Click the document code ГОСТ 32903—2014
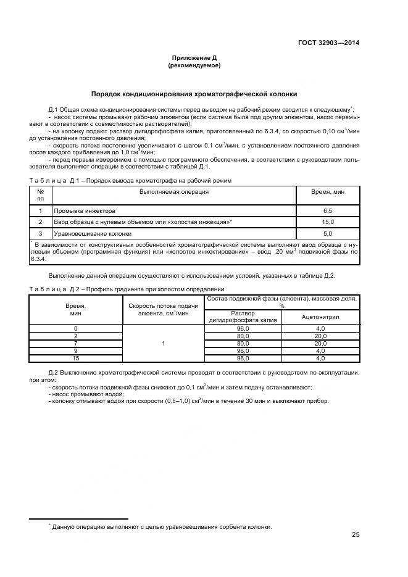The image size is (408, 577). pyautogui.click(x=329, y=43)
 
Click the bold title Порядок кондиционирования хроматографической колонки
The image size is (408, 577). pyautogui.click(x=194, y=94)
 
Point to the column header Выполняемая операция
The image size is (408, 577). pyautogui.click(x=173, y=191)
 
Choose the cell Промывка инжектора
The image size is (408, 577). pyautogui.click(x=85, y=210)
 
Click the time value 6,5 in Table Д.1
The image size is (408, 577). pyautogui.click(x=328, y=210)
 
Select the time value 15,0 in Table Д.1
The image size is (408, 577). pyautogui.click(x=328, y=222)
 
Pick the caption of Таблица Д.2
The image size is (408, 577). pyautogui.click(x=127, y=289)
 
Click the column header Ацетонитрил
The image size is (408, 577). pyautogui.click(x=320, y=317)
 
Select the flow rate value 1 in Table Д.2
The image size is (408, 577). pyautogui.click(x=163, y=343)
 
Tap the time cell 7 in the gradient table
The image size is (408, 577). pyautogui.click(x=75, y=343)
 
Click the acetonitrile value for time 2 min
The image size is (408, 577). pyautogui.click(x=320, y=336)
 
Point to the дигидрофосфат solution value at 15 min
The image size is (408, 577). pyautogui.click(x=242, y=358)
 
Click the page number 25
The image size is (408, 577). pyautogui.click(x=355, y=534)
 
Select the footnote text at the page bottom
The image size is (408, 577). pyautogui.click(x=162, y=526)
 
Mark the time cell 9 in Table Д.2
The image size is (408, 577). pyautogui.click(x=75, y=351)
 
